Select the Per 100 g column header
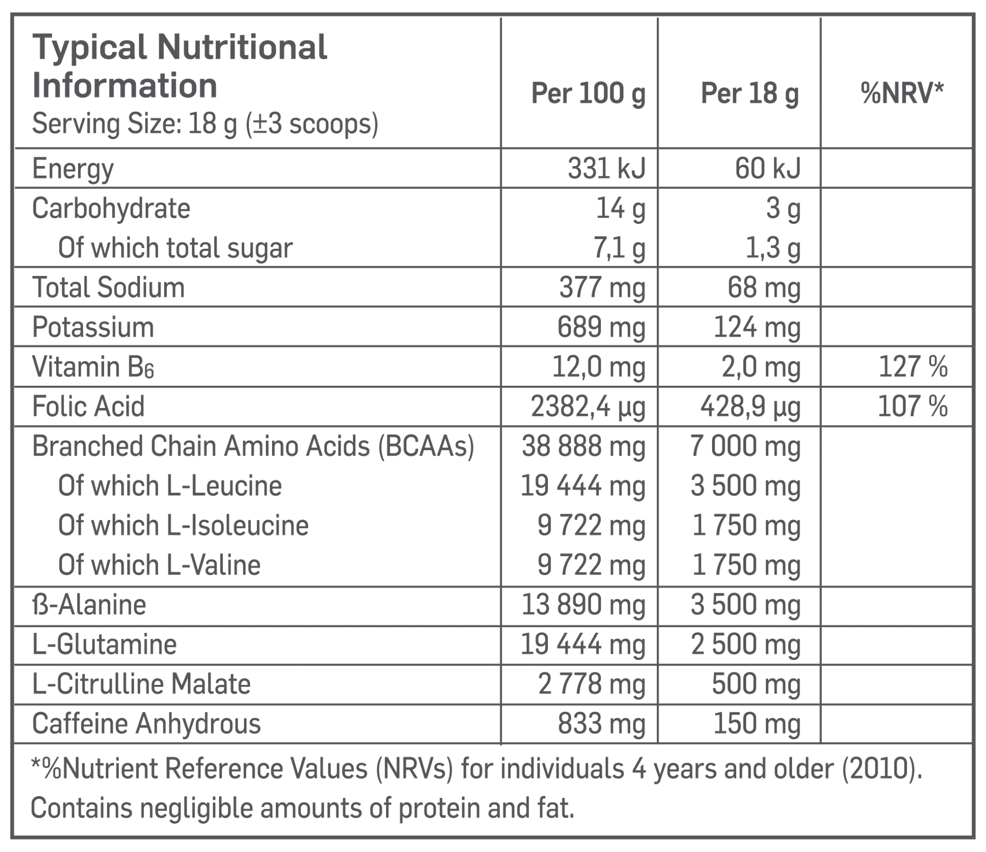tap(588, 94)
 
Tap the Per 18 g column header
tap(750, 94)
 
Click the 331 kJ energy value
tap(606, 169)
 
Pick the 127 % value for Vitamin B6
tap(913, 367)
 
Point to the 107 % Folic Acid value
tap(912, 406)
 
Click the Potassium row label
tap(93, 327)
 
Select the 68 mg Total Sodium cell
tap(764, 288)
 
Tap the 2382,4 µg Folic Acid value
tap(587, 407)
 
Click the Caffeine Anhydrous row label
tap(146, 723)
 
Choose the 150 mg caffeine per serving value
tap(757, 723)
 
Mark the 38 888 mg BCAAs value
tap(584, 446)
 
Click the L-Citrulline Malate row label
tap(141, 684)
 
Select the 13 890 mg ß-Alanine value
tap(583, 605)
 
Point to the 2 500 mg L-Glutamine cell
tap(746, 644)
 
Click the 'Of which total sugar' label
tap(175, 248)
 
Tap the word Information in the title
tap(124, 86)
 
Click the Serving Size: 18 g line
tap(205, 124)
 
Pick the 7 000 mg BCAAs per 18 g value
tap(745, 446)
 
